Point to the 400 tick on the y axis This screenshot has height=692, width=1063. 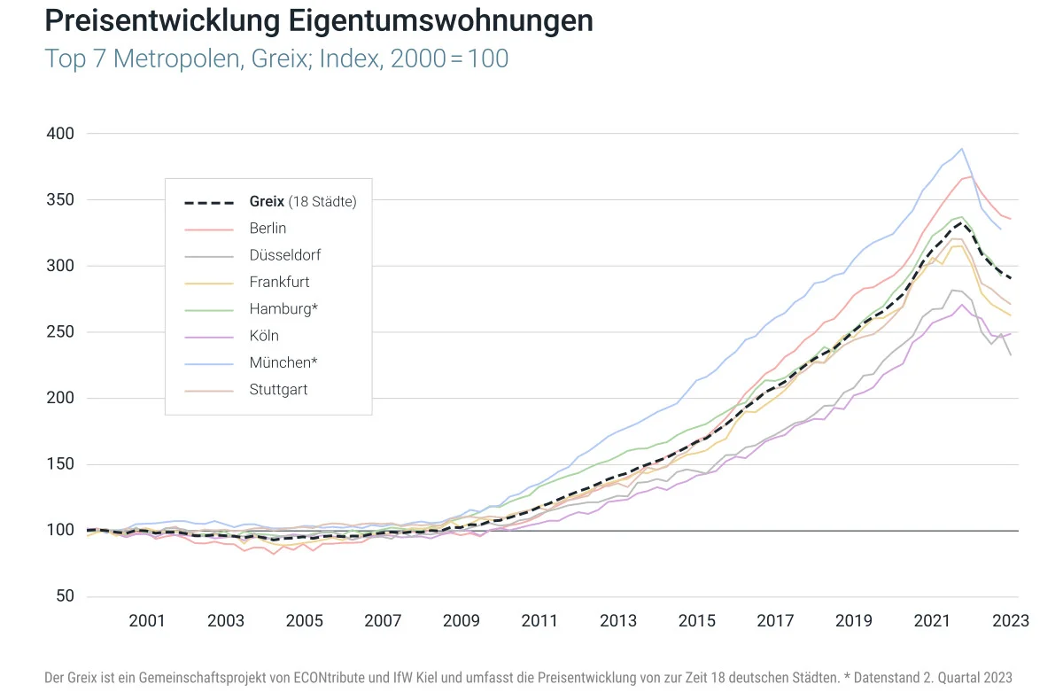[x=60, y=134]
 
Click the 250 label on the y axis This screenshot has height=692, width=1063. [x=60, y=332]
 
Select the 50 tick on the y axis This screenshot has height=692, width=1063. [x=64, y=596]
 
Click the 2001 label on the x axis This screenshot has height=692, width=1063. [x=147, y=621]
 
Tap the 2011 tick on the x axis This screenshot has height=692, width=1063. [x=540, y=621]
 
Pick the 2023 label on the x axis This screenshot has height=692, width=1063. [x=1011, y=621]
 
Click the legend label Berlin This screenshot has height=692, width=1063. [x=268, y=229]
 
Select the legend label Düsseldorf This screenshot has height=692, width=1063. [x=284, y=255]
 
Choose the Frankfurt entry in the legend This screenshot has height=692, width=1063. [x=279, y=282]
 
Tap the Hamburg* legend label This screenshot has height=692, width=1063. [x=283, y=309]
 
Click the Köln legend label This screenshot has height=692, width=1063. [x=264, y=336]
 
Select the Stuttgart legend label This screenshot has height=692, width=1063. [x=278, y=389]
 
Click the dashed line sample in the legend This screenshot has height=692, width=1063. [x=209, y=202]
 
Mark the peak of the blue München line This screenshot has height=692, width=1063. [x=962, y=149]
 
